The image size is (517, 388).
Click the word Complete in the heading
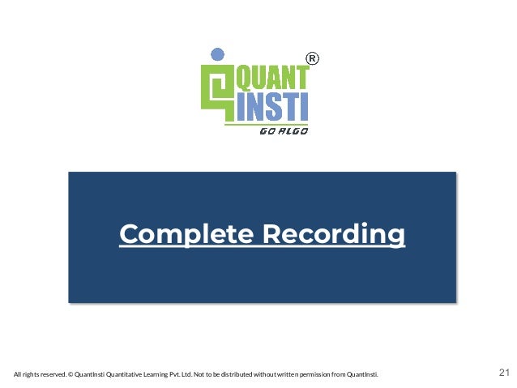pyautogui.click(x=186, y=234)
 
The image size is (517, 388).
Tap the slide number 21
pyautogui.click(x=503, y=373)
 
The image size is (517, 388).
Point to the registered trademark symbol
pyautogui.click(x=313, y=58)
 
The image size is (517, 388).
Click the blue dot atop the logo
pyautogui.click(x=216, y=54)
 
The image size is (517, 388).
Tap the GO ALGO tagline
pyautogui.click(x=283, y=130)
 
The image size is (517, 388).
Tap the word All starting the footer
pyautogui.click(x=18, y=374)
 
